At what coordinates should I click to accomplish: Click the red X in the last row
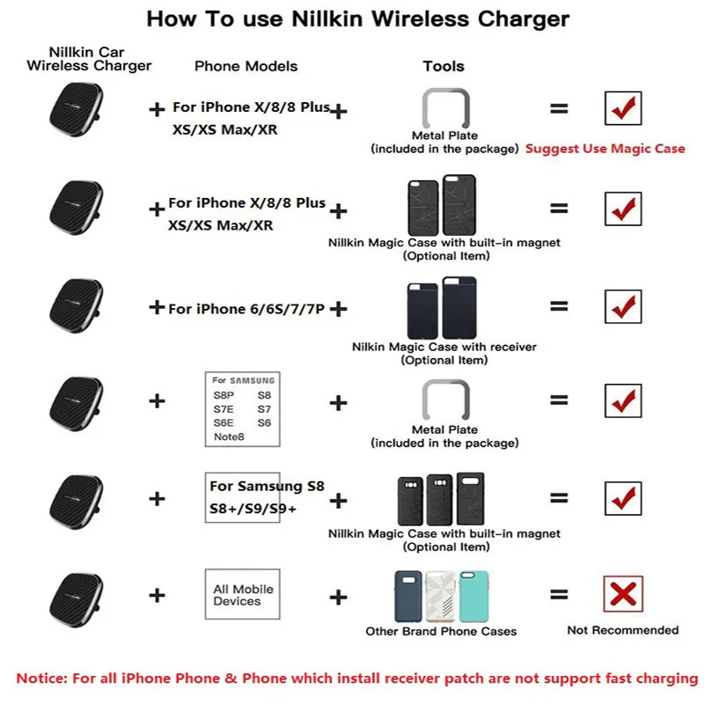tap(623, 594)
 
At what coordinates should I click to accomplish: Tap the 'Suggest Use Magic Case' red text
tap(605, 149)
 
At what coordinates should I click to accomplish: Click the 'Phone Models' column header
tap(246, 66)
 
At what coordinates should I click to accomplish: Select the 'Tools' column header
tap(443, 66)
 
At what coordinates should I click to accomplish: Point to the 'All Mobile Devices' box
tap(243, 595)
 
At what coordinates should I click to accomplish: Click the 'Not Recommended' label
tap(622, 630)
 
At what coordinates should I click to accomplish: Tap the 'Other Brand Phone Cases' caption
tap(441, 631)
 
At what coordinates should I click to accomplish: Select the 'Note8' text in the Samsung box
tap(228, 436)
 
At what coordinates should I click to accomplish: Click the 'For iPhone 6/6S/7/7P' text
tap(246, 309)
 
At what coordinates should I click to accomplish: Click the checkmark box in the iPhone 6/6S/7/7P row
tap(623, 305)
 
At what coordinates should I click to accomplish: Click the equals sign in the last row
tap(559, 595)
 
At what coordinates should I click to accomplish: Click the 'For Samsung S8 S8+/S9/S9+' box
tap(244, 497)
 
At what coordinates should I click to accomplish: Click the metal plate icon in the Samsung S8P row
tap(444, 400)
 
